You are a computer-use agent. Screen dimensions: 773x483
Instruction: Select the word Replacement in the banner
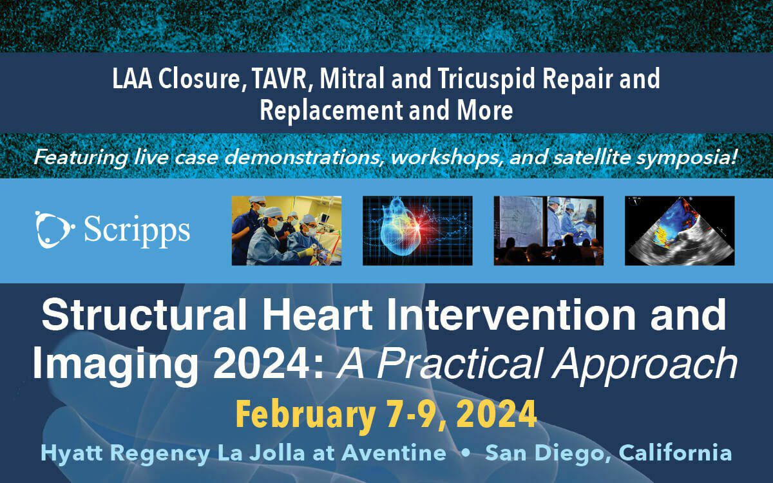(x=331, y=110)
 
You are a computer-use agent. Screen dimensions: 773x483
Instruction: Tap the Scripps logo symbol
(x=55, y=230)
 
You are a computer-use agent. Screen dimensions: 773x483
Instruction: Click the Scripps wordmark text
(x=137, y=231)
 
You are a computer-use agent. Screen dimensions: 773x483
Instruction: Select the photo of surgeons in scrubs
(x=287, y=231)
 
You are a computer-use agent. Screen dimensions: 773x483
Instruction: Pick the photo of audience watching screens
(x=549, y=231)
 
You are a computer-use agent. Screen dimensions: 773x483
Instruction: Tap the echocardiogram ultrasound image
(x=680, y=231)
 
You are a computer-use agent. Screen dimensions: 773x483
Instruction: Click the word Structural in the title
(x=144, y=316)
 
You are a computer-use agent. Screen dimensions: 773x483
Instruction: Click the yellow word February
(x=305, y=415)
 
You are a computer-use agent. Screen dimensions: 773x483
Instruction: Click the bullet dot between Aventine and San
(x=466, y=453)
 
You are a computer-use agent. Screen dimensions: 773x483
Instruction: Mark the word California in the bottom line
(x=675, y=453)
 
